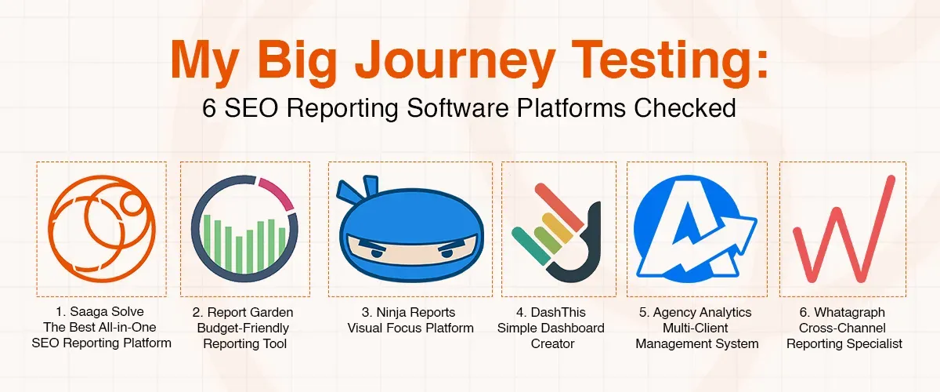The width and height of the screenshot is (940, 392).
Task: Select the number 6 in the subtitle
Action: click(x=209, y=107)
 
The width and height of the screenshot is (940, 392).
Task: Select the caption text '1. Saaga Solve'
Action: click(x=100, y=313)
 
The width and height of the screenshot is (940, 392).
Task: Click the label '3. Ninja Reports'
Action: click(x=410, y=313)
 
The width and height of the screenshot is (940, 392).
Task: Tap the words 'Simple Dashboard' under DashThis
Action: click(x=551, y=328)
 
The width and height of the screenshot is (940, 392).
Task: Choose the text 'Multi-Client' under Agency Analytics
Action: click(x=696, y=328)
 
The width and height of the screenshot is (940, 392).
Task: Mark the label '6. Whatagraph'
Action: click(x=844, y=313)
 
